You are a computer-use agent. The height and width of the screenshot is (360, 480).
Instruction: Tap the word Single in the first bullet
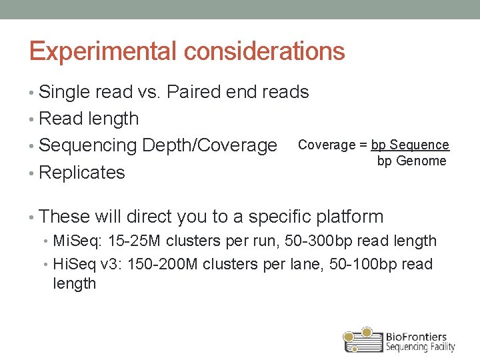[x=65, y=92]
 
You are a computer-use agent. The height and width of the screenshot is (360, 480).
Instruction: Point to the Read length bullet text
[x=89, y=119]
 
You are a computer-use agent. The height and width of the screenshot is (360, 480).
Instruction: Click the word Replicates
[x=82, y=172]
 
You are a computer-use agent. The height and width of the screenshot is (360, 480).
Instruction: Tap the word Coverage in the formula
[x=327, y=145]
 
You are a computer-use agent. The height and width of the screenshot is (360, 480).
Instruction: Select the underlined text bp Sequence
[x=410, y=145]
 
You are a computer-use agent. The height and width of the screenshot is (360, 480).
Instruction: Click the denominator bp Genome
[x=411, y=161]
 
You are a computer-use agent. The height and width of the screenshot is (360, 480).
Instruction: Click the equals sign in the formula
[x=363, y=145]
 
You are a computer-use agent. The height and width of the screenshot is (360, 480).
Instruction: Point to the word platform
[x=351, y=217]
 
